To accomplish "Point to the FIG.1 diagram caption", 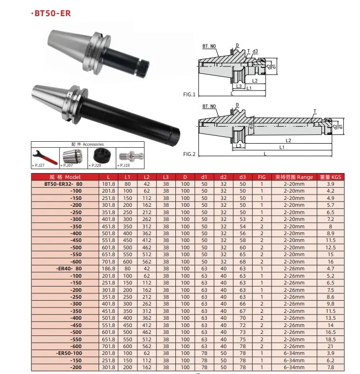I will [190, 94].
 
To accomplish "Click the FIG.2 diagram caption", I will [190, 154].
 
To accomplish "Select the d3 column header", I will [243, 176].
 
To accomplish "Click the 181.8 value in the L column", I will [108, 184].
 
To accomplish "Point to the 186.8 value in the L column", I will [108, 268].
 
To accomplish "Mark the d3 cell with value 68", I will [243, 262].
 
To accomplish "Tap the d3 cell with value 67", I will [243, 311].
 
